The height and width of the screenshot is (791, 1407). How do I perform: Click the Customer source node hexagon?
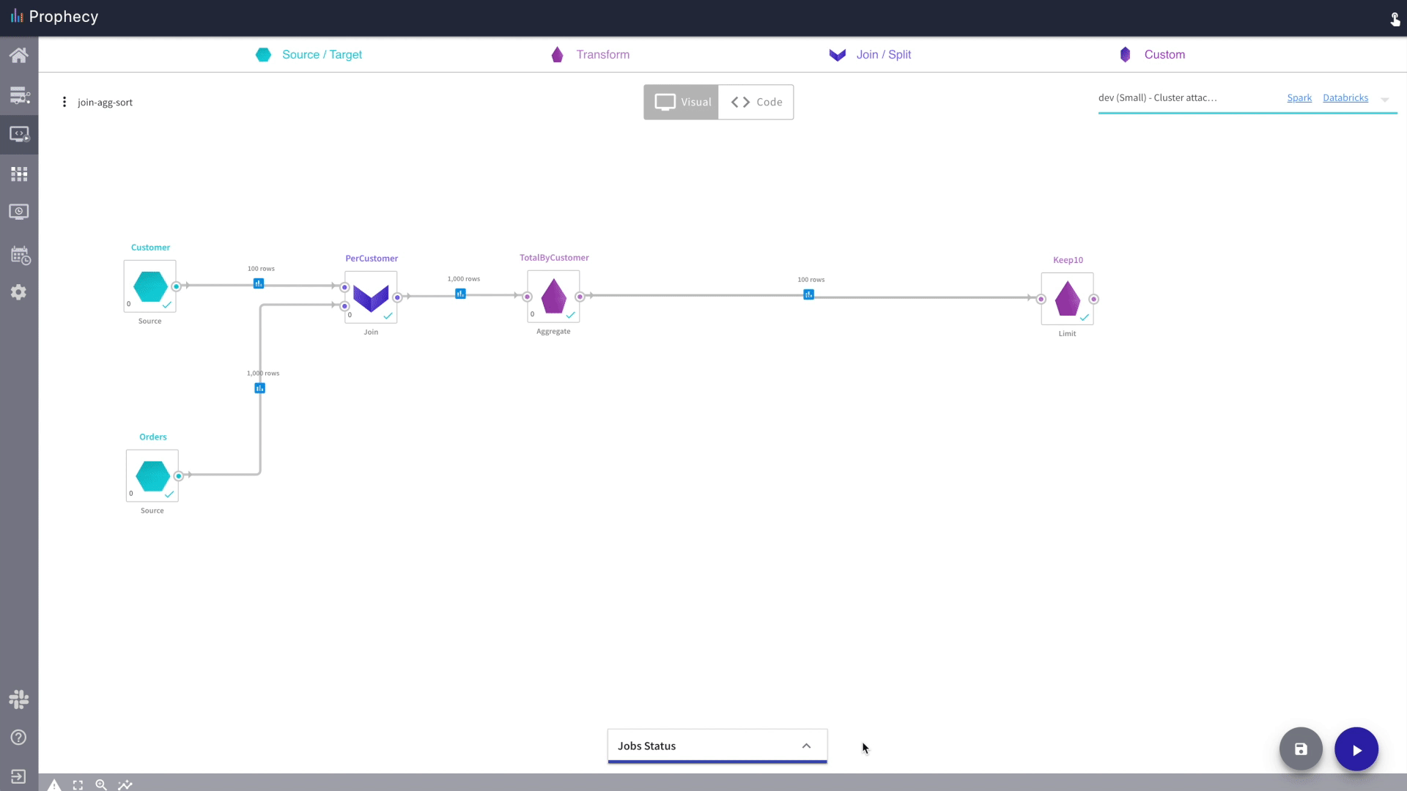(x=150, y=286)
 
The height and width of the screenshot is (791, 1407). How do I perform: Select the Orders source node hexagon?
(x=152, y=476)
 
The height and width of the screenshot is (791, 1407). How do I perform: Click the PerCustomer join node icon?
(x=371, y=297)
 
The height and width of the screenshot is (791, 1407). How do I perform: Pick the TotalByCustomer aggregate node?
(x=553, y=296)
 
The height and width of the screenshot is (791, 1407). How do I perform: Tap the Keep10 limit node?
(x=1067, y=298)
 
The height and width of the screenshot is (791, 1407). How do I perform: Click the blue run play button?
(x=1356, y=749)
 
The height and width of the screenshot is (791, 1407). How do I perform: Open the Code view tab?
(x=756, y=102)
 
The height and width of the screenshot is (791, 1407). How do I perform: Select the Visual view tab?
(x=682, y=102)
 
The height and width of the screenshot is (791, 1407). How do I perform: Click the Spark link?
(x=1299, y=97)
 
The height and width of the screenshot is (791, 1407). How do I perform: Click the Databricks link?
(x=1345, y=97)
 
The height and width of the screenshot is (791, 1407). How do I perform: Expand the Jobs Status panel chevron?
(x=806, y=746)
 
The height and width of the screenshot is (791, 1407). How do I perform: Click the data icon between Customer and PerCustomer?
(x=259, y=283)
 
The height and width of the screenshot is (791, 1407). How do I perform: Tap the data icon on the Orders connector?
(x=259, y=388)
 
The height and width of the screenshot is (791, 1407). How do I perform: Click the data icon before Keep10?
(x=808, y=294)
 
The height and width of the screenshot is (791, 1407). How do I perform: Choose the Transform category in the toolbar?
(x=591, y=54)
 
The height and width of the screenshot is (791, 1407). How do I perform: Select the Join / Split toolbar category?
(x=870, y=54)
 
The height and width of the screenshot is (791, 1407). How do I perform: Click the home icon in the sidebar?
(x=19, y=55)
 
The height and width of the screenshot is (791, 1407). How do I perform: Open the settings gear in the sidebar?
(x=19, y=292)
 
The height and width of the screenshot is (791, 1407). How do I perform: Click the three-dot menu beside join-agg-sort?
(x=64, y=102)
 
